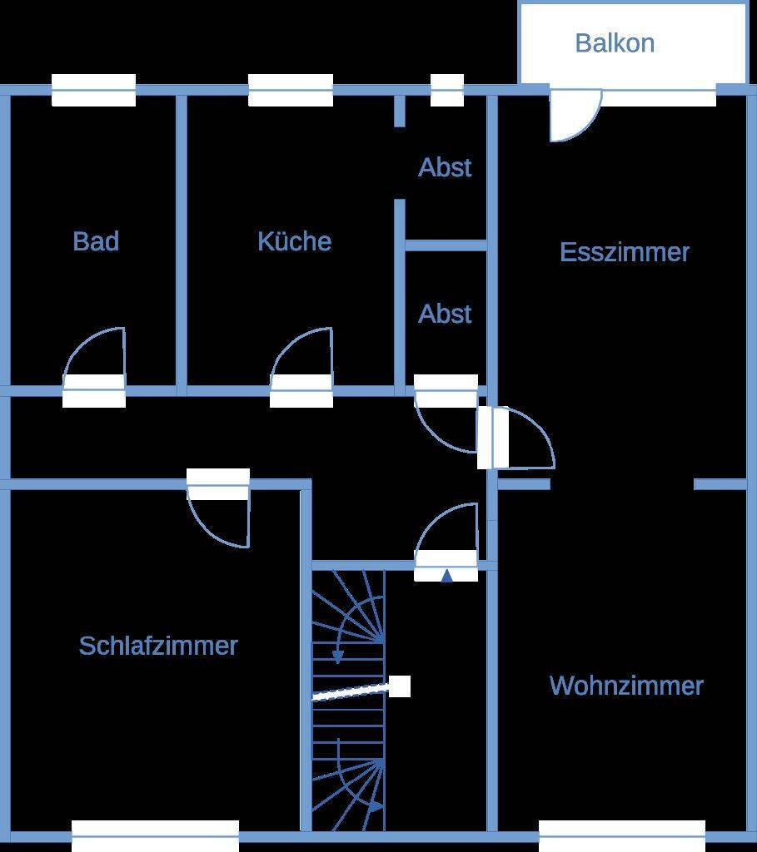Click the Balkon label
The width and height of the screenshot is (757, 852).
pos(615,43)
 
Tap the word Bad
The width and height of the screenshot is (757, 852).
pos(96,240)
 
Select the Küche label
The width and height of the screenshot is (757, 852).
pos(294,240)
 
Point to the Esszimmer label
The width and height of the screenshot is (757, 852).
pos(625,251)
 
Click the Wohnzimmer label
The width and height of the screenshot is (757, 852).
pos(626,686)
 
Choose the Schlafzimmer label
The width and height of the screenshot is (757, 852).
pos(158,646)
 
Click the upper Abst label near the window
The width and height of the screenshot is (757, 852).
pos(445,166)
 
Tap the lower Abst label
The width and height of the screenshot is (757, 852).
pos(445,314)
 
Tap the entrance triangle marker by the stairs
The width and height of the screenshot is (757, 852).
pos(446,576)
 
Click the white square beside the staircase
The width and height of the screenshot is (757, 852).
pos(400,686)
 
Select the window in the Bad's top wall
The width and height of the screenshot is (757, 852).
pos(93,90)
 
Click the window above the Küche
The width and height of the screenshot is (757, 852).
pos(291,90)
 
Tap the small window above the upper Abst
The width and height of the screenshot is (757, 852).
pos(447,90)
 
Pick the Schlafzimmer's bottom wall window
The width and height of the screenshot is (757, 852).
pos(155,836)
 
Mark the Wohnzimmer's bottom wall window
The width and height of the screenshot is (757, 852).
pos(622,836)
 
